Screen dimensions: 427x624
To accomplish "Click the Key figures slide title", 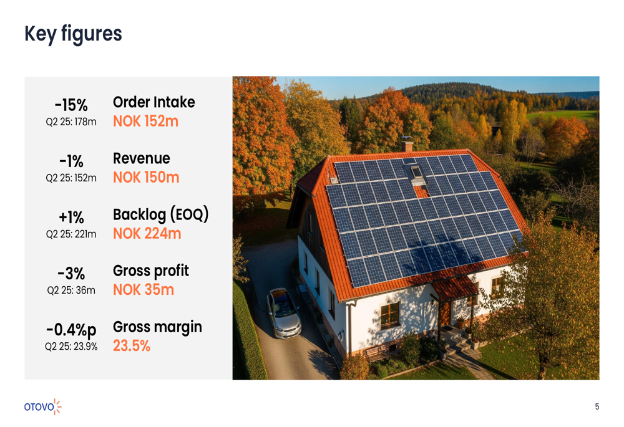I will (73, 34).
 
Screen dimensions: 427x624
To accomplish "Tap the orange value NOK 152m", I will (145, 121).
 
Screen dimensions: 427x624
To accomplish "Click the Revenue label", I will (141, 158).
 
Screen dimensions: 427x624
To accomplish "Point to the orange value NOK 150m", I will (146, 178).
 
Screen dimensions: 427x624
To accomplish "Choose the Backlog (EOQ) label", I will (160, 215).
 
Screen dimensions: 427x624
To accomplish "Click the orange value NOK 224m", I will (147, 234).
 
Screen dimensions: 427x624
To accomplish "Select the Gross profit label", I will (150, 271).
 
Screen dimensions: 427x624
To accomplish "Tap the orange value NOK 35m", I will (143, 290).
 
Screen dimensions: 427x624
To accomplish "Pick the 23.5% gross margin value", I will (132, 346).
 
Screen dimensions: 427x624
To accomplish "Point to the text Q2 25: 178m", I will (71, 122).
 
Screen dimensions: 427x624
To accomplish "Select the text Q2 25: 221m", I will (71, 234).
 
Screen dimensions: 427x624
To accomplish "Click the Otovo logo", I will (43, 406).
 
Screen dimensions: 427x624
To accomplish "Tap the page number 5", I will (597, 407).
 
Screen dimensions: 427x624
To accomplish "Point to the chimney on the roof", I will (407, 145).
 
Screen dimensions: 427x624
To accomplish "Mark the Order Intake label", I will (154, 102).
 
